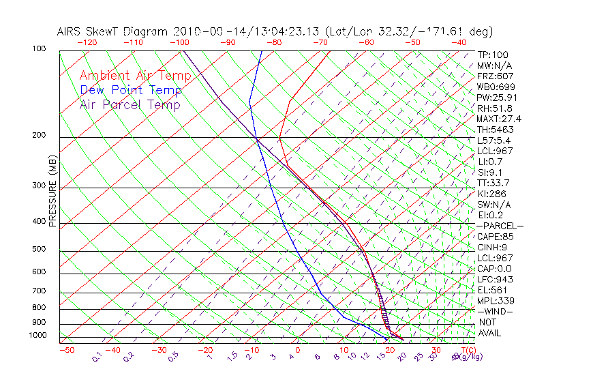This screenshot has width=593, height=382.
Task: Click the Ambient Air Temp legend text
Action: click(x=135, y=76)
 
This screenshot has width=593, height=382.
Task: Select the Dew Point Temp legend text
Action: click(x=131, y=90)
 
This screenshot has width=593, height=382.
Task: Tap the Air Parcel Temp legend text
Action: click(x=130, y=104)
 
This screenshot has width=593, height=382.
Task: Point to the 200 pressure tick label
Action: click(x=39, y=135)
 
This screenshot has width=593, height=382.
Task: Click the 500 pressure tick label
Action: click(x=39, y=249)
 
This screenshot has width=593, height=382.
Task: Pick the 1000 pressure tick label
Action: click(x=37, y=336)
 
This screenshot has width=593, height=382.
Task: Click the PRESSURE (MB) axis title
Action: click(x=52, y=192)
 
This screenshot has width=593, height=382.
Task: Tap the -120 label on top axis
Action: click(x=87, y=42)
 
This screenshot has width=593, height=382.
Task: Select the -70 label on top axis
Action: click(x=320, y=42)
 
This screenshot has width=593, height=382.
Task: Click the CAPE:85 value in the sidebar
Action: click(x=495, y=237)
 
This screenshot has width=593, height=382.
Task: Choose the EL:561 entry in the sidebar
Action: click(x=492, y=290)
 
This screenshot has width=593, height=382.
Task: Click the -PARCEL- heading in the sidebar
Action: click(x=500, y=226)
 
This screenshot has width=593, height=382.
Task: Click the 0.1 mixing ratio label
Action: click(x=97, y=357)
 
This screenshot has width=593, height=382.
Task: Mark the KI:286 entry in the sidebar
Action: click(x=492, y=194)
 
